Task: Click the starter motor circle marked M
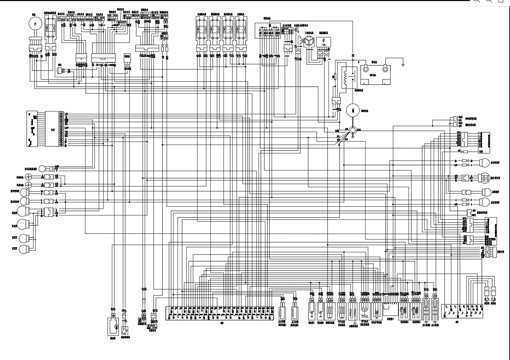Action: click(x=353, y=110)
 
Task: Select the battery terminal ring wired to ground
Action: click(x=386, y=68)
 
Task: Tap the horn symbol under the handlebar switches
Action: click(x=60, y=71)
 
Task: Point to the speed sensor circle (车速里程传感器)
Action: click(x=43, y=168)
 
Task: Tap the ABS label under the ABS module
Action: click(x=457, y=322)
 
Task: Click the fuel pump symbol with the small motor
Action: click(x=114, y=327)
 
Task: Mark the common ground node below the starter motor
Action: click(x=353, y=130)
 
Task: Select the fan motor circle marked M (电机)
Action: click(x=35, y=23)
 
